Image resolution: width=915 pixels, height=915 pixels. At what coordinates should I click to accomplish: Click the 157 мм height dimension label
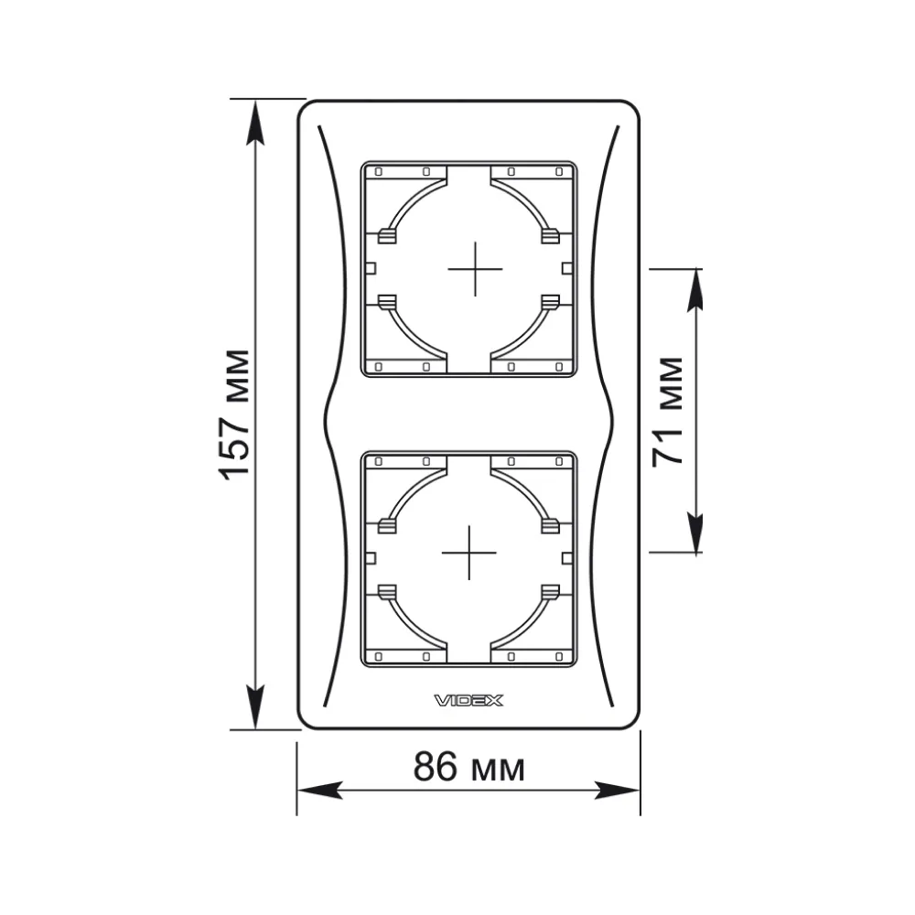[x=236, y=414]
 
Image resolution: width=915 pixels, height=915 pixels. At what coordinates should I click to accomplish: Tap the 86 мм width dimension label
[x=469, y=767]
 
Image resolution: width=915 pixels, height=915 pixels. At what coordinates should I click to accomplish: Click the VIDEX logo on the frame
[x=468, y=700]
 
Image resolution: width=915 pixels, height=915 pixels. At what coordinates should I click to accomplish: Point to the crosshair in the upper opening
[x=475, y=269]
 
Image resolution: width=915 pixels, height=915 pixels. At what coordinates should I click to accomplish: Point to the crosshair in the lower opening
[x=469, y=553]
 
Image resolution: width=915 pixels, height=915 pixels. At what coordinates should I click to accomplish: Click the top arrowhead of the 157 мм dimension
[x=255, y=123]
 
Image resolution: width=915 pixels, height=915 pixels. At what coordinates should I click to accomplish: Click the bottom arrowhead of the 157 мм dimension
[x=255, y=706]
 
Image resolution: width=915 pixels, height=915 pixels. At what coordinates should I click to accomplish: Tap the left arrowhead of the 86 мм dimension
[x=319, y=791]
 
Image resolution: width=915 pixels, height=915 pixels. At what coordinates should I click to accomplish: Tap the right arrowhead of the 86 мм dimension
[x=618, y=791]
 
